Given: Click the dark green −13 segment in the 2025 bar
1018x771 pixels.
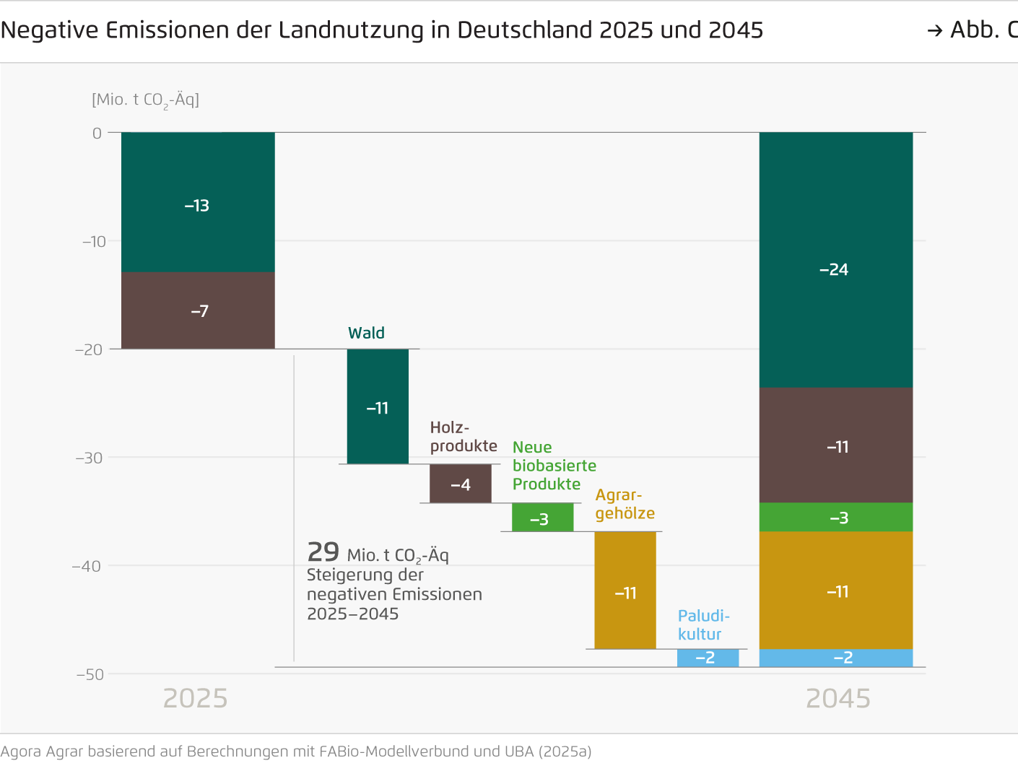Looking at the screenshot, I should pyautogui.click(x=198, y=202).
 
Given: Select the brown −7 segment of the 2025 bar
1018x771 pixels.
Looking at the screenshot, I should pyautogui.click(x=198, y=310).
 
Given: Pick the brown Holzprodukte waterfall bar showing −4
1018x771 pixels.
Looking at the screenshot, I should pyautogui.click(x=461, y=484).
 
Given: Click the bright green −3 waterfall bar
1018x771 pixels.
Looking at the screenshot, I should pyautogui.click(x=542, y=518).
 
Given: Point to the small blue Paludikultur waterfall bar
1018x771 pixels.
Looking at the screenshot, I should pyautogui.click(x=708, y=658).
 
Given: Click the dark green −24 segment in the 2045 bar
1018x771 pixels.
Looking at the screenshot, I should pyautogui.click(x=835, y=260).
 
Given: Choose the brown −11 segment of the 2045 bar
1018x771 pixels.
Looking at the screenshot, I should pyautogui.click(x=835, y=445).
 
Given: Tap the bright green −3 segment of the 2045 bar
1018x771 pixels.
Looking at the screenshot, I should pyautogui.click(x=835, y=517).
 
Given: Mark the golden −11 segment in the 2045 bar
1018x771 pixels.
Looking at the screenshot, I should pyautogui.click(x=835, y=591).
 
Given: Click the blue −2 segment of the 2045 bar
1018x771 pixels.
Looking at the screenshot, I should pyautogui.click(x=835, y=658).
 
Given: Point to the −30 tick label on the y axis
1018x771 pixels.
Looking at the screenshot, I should pyautogui.click(x=90, y=458).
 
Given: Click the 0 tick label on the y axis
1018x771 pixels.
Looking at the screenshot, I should pyautogui.click(x=97, y=134).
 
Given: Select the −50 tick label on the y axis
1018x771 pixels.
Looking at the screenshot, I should pyautogui.click(x=90, y=674).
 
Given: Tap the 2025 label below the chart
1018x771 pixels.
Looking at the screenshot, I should pyautogui.click(x=195, y=698).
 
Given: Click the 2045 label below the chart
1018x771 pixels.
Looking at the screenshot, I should pyautogui.click(x=838, y=698).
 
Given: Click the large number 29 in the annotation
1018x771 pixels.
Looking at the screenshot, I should pyautogui.click(x=323, y=552).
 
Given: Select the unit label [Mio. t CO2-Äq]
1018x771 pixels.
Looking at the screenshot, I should pyautogui.click(x=145, y=100).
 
